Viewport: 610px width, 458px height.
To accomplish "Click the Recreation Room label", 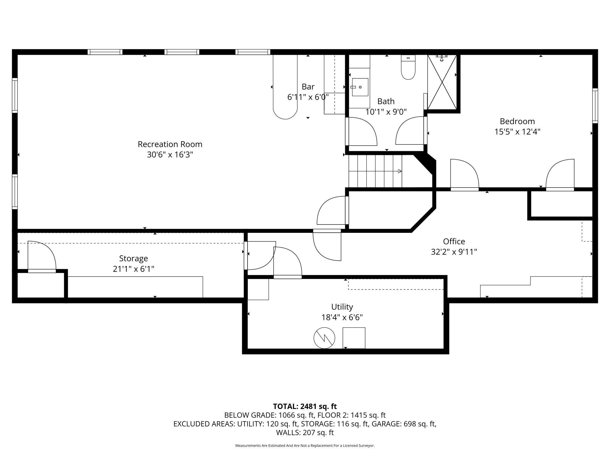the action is click(x=170, y=144).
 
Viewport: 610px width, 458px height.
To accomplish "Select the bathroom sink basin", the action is click(x=360, y=87).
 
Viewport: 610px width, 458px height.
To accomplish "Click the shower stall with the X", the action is click(x=442, y=82).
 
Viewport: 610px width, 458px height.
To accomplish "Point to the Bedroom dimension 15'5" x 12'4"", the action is click(x=517, y=132).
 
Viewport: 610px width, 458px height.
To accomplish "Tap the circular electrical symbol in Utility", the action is click(x=324, y=338).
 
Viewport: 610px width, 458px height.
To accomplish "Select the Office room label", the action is click(x=454, y=241).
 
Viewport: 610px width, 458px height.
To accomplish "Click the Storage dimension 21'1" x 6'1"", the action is click(x=133, y=269).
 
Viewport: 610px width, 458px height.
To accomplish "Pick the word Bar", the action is click(x=308, y=87).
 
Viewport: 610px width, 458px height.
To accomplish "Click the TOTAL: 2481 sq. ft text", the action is click(x=305, y=406).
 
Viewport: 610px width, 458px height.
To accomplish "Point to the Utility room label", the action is click(x=342, y=307).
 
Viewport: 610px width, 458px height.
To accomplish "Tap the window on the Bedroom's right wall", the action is click(x=595, y=106).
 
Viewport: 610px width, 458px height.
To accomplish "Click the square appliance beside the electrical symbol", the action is click(x=354, y=338).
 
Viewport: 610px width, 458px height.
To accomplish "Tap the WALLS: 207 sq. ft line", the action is click(x=305, y=432).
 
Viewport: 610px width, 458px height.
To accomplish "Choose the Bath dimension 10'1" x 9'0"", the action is click(x=386, y=112).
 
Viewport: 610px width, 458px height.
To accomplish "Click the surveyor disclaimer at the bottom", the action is click(x=305, y=446).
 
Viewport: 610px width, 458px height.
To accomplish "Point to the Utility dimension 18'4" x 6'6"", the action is click(x=342, y=317).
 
